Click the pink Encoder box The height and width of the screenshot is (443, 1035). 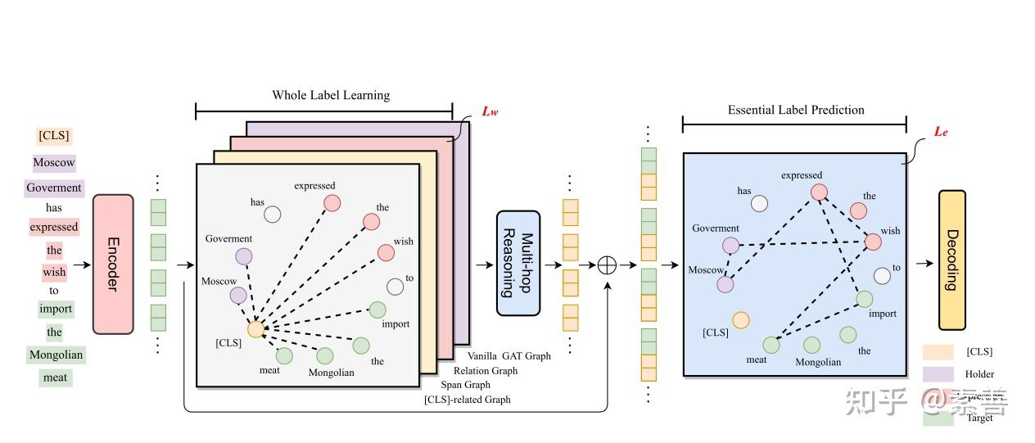point(113,264)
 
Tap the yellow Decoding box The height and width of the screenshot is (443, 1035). point(951,260)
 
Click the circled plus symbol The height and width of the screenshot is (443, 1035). point(607,264)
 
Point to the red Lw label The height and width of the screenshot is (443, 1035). point(489,111)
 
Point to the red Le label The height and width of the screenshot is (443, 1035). point(941,131)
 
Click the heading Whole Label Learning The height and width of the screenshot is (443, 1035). point(331,95)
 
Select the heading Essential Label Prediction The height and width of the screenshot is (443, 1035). point(796,110)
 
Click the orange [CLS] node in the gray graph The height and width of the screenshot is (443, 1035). point(255,329)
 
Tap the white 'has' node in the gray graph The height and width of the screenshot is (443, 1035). point(273,215)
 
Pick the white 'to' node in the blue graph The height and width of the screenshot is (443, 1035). point(882,276)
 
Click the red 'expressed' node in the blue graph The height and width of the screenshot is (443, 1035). point(818,192)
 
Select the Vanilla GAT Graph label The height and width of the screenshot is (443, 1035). point(508,356)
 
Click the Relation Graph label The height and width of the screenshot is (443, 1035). point(486,371)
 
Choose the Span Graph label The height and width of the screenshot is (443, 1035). point(465,385)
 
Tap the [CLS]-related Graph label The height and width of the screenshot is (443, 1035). point(467,400)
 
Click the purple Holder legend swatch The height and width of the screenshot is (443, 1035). point(938,374)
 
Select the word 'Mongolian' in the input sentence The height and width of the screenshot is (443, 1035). point(56,355)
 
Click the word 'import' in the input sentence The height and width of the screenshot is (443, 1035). point(56,309)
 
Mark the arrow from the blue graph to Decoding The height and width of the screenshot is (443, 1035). point(924,263)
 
